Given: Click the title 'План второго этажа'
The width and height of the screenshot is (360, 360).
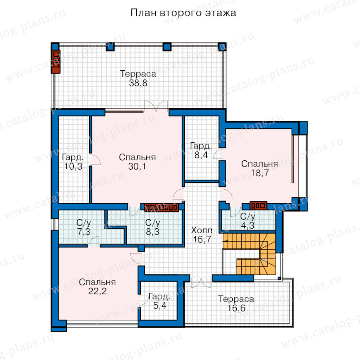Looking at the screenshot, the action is [x=183, y=13].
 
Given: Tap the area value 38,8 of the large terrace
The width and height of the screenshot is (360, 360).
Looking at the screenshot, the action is [x=138, y=83].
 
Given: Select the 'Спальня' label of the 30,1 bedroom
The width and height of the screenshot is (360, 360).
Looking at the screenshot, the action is [x=137, y=157].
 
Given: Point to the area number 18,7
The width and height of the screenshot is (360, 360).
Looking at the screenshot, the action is [x=260, y=173].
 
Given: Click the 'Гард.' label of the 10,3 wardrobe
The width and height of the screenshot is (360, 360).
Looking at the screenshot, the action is [x=73, y=158].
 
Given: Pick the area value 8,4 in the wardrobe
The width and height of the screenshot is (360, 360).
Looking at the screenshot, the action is [x=201, y=155].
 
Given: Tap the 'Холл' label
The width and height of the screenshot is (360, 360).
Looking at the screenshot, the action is [x=202, y=230].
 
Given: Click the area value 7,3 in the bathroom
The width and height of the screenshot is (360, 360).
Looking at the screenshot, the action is [x=84, y=232].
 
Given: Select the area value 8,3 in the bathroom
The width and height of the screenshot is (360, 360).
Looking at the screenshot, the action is [x=153, y=232].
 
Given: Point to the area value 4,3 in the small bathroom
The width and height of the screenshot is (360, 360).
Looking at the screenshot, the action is [x=248, y=226].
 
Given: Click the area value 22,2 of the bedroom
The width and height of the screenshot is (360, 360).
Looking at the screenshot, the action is [x=97, y=291].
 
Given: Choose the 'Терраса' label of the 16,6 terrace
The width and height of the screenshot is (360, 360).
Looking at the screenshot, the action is [x=236, y=299].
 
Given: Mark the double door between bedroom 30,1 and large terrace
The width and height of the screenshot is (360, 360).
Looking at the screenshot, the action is [x=156, y=106].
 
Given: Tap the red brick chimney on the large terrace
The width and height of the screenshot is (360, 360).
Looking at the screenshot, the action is [x=56, y=62].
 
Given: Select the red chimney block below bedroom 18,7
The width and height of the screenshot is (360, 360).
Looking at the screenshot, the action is [x=258, y=206].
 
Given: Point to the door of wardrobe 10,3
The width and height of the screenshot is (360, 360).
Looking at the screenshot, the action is [x=95, y=159].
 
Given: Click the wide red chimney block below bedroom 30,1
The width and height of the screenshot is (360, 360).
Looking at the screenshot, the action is [x=162, y=208].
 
